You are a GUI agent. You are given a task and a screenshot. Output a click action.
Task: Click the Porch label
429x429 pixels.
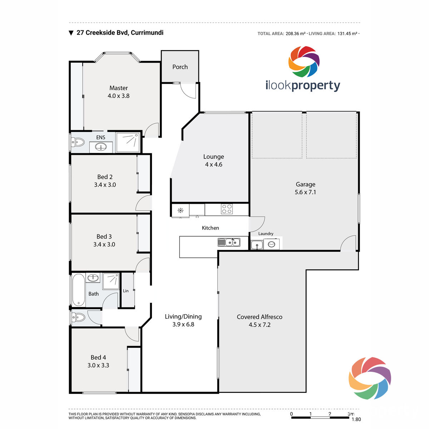coord(180,67)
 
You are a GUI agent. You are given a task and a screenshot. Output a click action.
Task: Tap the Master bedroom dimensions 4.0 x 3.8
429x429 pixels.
coord(118,96)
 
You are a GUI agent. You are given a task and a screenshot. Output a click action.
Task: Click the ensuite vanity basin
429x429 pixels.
coord(100,147)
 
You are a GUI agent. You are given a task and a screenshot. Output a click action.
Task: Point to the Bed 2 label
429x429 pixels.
coord(105,177)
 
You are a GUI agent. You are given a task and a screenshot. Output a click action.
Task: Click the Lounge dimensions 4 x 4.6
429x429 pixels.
coord(213,164)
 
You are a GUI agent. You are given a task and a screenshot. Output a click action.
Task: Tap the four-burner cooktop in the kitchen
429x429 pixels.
coord(227,209)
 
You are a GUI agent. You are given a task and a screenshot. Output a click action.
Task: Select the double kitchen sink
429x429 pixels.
coord(229,242)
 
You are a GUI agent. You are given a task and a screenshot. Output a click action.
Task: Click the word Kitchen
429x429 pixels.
coord(210,228)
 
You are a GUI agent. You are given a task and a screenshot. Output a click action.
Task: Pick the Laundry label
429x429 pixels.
coord(266,233)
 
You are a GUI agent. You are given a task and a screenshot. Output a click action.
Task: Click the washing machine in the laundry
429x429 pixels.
coord(271,244)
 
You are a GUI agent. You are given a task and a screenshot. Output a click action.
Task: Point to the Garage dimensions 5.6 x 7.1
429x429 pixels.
coord(305,192)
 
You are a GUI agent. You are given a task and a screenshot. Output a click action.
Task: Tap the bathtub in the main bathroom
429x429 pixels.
coord(79,290)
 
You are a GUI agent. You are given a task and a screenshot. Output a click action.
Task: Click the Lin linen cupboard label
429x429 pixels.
coord(125,291)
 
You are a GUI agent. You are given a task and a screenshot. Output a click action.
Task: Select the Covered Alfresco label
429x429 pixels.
coord(259,317)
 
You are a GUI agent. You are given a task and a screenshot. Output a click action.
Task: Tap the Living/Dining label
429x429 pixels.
coord(183,317)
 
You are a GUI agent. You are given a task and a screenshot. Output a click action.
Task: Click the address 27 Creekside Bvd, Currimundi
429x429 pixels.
coord(120,33)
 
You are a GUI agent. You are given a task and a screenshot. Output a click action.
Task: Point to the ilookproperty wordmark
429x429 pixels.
coord(303,85)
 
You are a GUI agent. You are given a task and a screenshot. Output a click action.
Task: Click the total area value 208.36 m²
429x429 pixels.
coord(296,34)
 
